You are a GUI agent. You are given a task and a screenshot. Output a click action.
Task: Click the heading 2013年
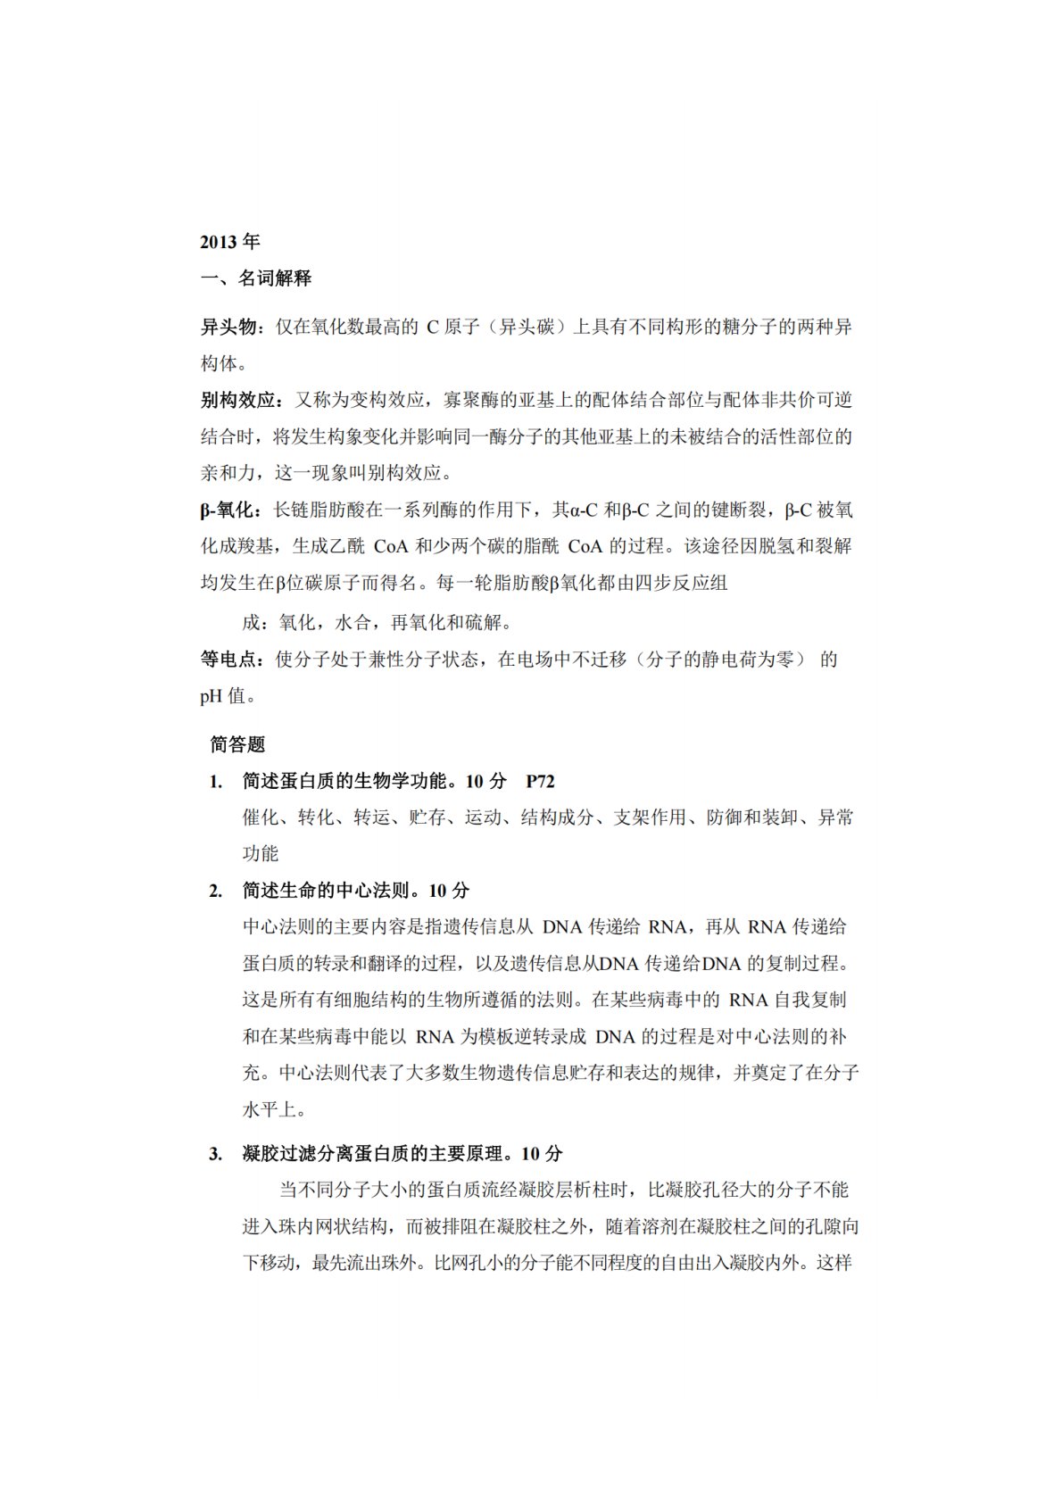pos(229,242)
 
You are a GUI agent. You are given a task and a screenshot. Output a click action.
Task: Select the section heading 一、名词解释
pos(255,278)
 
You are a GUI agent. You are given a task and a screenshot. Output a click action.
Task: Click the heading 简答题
pos(237,743)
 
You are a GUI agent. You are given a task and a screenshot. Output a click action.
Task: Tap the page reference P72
pos(540,782)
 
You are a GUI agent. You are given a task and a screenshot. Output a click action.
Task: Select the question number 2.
pos(215,891)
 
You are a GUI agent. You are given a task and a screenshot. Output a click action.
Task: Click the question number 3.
pos(215,1154)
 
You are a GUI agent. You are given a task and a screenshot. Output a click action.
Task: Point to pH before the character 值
pos(211,696)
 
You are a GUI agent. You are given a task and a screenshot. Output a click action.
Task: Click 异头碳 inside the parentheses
pos(525,328)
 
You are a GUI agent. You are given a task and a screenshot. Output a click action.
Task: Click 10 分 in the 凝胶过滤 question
pos(542,1154)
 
